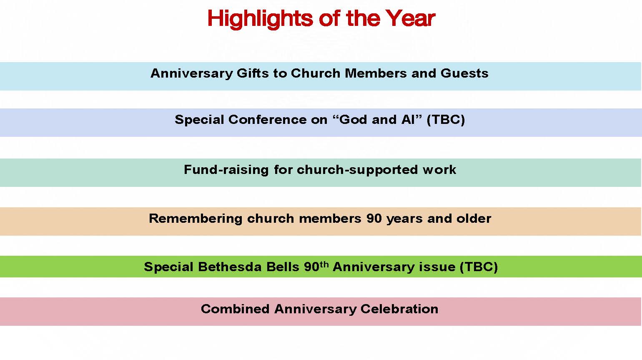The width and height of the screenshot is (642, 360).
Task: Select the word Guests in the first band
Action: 464,73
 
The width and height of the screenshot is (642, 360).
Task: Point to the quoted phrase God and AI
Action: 377,120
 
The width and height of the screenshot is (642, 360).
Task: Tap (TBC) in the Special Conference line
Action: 446,120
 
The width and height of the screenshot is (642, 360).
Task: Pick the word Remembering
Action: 196,219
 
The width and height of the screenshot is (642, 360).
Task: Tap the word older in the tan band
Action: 474,219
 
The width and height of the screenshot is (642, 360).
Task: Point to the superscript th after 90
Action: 324,264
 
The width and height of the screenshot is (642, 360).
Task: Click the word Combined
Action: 235,309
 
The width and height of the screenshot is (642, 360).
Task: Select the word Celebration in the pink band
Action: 399,309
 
